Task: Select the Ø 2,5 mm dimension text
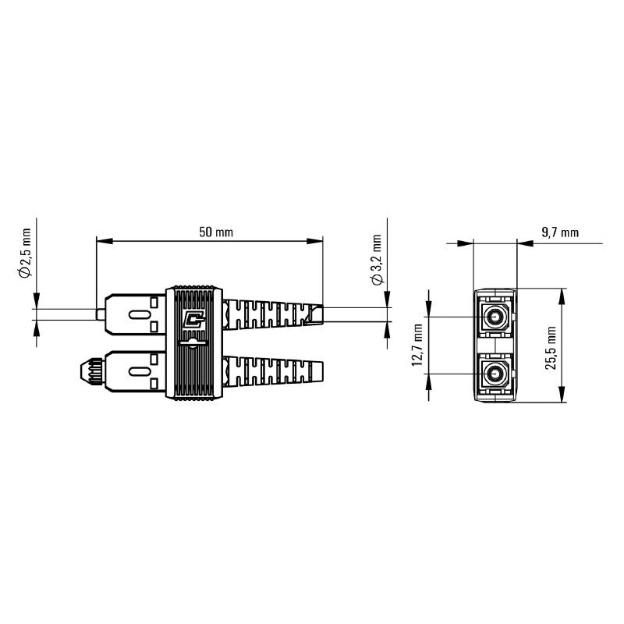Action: (x=25, y=254)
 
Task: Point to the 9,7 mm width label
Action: (x=560, y=232)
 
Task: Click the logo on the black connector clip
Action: (x=192, y=320)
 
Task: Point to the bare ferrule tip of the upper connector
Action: (x=99, y=314)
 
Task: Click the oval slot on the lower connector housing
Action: (x=136, y=374)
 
